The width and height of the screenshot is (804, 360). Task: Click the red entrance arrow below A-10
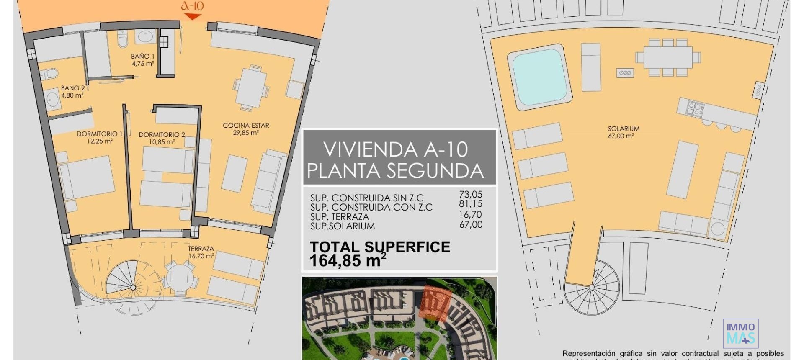193,16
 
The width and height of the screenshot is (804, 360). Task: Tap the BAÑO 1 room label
142,56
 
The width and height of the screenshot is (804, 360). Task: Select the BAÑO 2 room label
73,88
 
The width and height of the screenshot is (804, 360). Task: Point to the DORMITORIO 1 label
99,134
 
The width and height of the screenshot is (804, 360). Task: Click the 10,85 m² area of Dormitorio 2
162,142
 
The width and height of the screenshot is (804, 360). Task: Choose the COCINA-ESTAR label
245,125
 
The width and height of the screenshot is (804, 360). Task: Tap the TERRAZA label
201,249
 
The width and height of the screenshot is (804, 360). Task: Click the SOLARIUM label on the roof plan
624,129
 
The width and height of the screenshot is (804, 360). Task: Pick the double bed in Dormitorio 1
87,177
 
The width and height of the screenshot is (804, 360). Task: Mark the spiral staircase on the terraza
133,287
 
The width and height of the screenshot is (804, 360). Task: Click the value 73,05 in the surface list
471,194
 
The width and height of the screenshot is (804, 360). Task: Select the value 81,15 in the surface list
471,204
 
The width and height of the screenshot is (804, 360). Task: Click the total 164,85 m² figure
348,261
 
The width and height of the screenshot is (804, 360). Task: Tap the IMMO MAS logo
740,333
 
